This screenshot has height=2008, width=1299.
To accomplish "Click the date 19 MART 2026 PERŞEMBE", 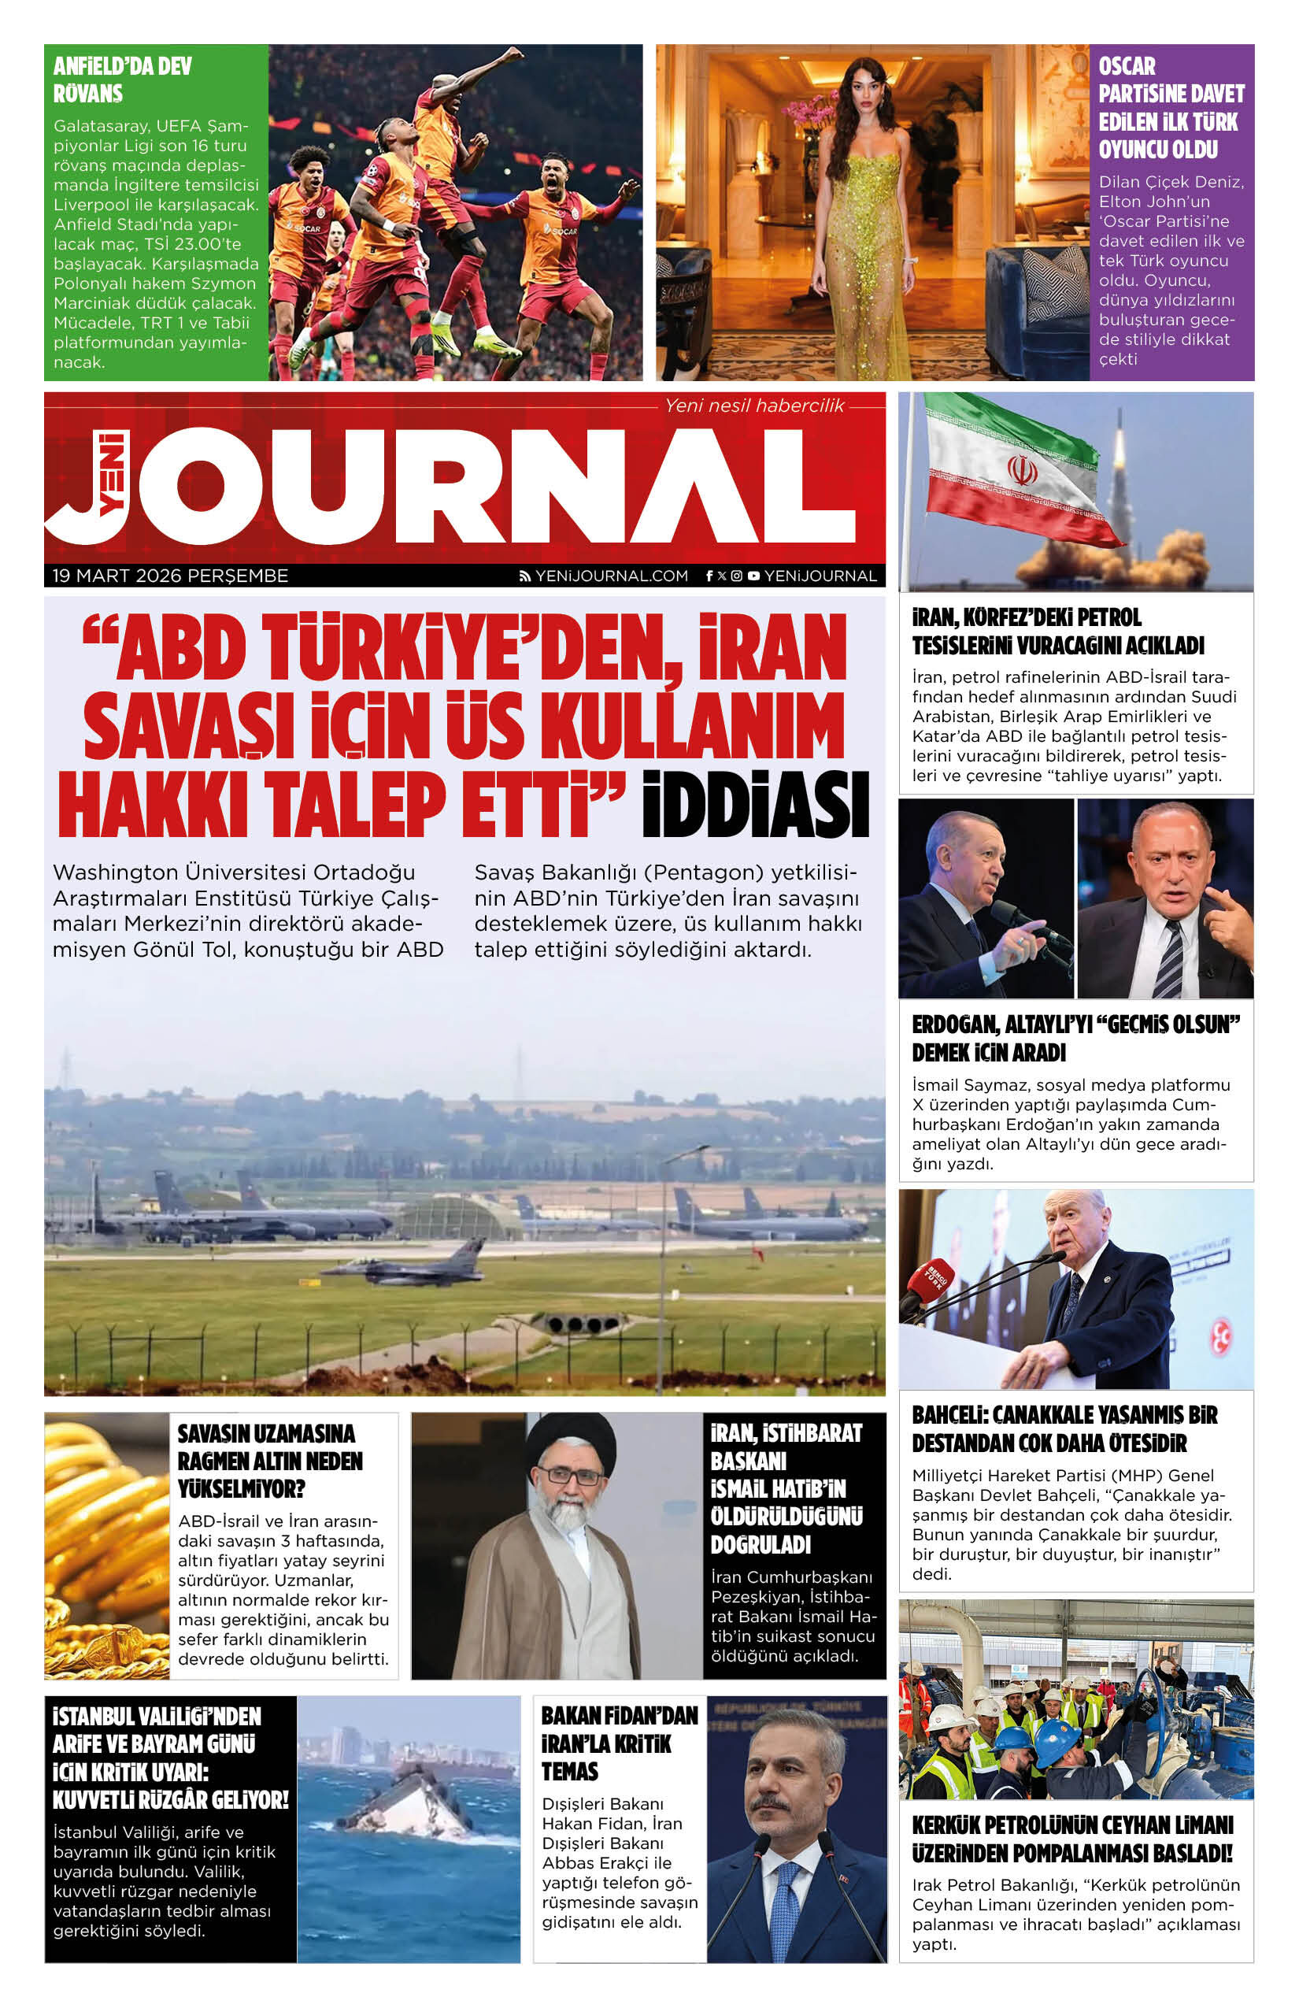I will click(x=170, y=576).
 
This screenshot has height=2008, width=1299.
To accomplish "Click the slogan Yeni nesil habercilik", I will click(x=754, y=406).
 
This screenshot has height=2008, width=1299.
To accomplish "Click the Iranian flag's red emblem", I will click(x=1022, y=470).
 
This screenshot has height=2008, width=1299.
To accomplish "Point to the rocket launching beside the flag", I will click(x=1119, y=472).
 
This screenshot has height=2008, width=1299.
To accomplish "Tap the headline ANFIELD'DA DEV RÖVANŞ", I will click(x=122, y=80).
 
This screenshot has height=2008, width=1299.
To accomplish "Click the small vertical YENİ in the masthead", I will click(x=111, y=472).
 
